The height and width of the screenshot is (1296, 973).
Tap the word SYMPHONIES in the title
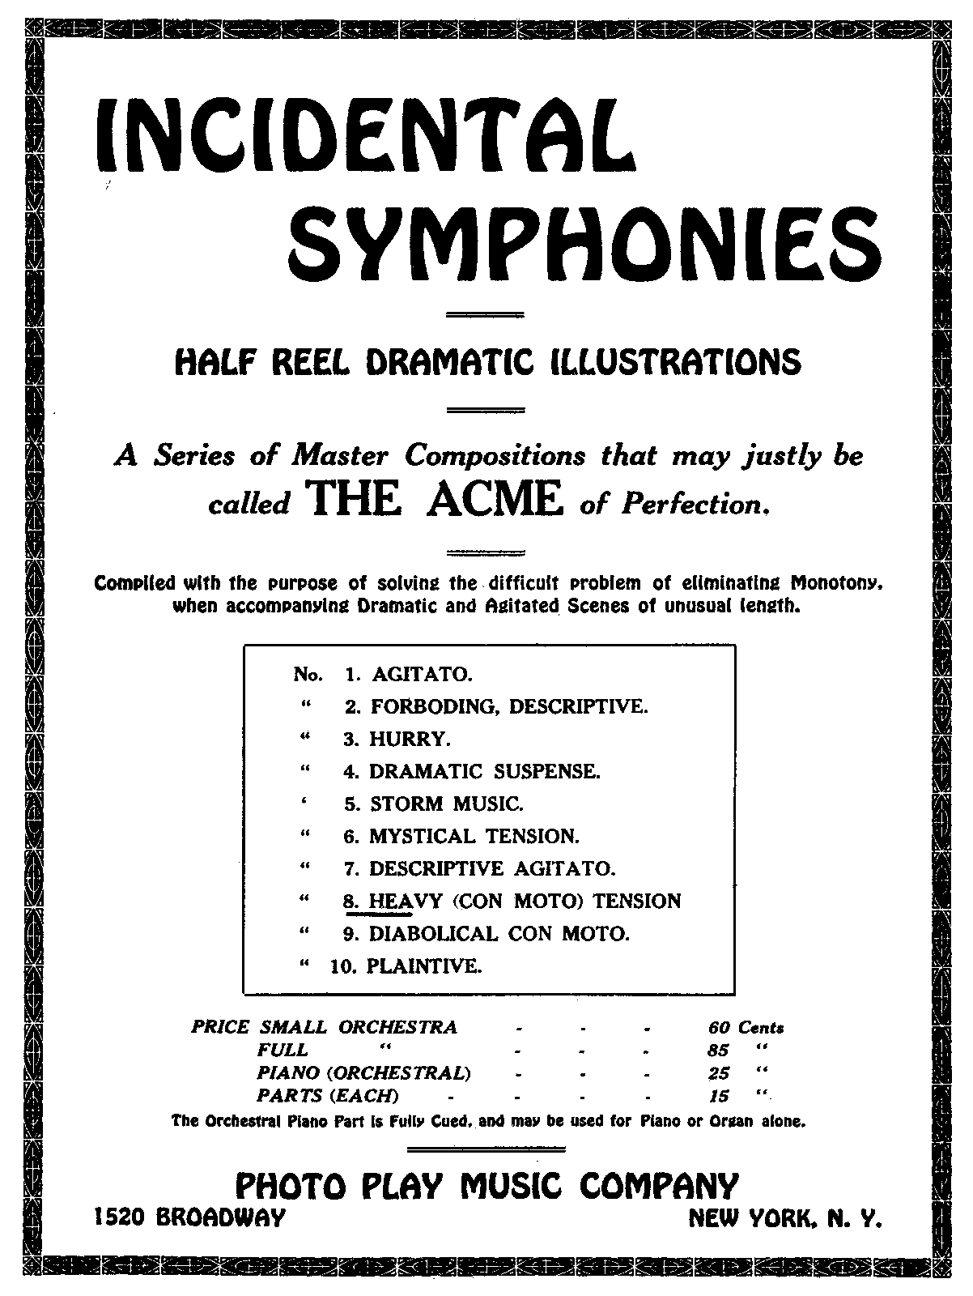click(x=584, y=234)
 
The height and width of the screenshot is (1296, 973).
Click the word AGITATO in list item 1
click(x=421, y=674)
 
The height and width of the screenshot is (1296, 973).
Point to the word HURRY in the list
click(x=410, y=739)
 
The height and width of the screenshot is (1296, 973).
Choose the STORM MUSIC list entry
click(x=447, y=804)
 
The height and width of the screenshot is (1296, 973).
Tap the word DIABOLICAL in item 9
click(x=434, y=933)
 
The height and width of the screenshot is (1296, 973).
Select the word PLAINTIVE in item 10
click(x=424, y=966)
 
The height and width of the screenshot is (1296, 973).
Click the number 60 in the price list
click(x=719, y=1028)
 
